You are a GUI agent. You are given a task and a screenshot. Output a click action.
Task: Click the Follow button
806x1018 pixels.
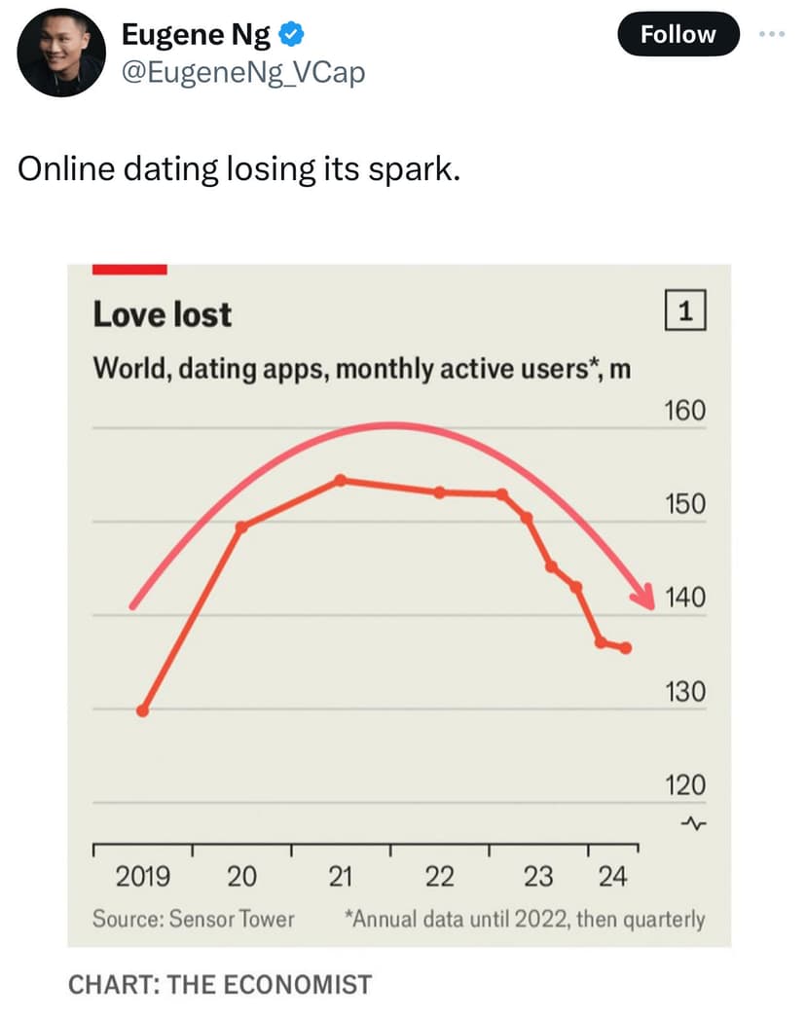tap(678, 34)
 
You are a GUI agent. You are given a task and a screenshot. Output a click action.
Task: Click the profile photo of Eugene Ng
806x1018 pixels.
tap(61, 53)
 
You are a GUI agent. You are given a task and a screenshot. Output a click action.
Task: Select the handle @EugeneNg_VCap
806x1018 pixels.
tap(242, 71)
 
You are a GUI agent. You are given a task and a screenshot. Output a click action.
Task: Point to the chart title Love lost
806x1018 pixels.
tap(163, 314)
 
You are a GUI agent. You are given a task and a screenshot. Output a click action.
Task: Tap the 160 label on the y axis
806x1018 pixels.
tap(685, 411)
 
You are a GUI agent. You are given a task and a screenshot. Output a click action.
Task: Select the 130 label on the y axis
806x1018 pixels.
tap(685, 693)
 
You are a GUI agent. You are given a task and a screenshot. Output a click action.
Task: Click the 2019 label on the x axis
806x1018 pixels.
tap(143, 877)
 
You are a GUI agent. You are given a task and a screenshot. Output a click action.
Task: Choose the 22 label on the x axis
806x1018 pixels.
tap(439, 877)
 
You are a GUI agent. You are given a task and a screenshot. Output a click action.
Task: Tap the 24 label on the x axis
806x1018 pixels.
tap(612, 877)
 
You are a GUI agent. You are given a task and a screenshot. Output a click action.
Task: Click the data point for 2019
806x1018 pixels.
tap(143, 710)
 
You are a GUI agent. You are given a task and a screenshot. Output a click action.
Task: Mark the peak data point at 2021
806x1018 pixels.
tap(340, 480)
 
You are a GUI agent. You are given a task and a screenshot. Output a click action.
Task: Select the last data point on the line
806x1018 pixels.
tap(625, 648)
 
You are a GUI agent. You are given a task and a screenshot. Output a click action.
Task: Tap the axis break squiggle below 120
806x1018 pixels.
tap(693, 823)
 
